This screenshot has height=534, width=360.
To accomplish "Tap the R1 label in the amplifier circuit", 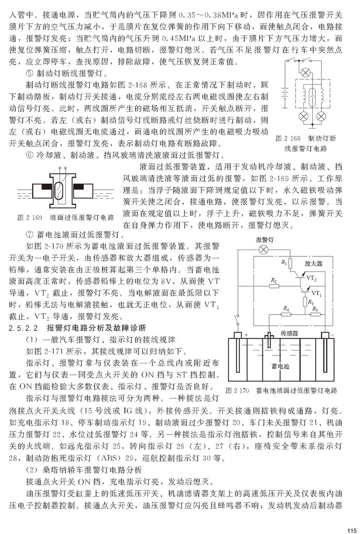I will point(284,262).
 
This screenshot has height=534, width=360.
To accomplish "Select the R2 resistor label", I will point(273,281).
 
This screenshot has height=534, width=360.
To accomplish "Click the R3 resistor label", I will point(310,300).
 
